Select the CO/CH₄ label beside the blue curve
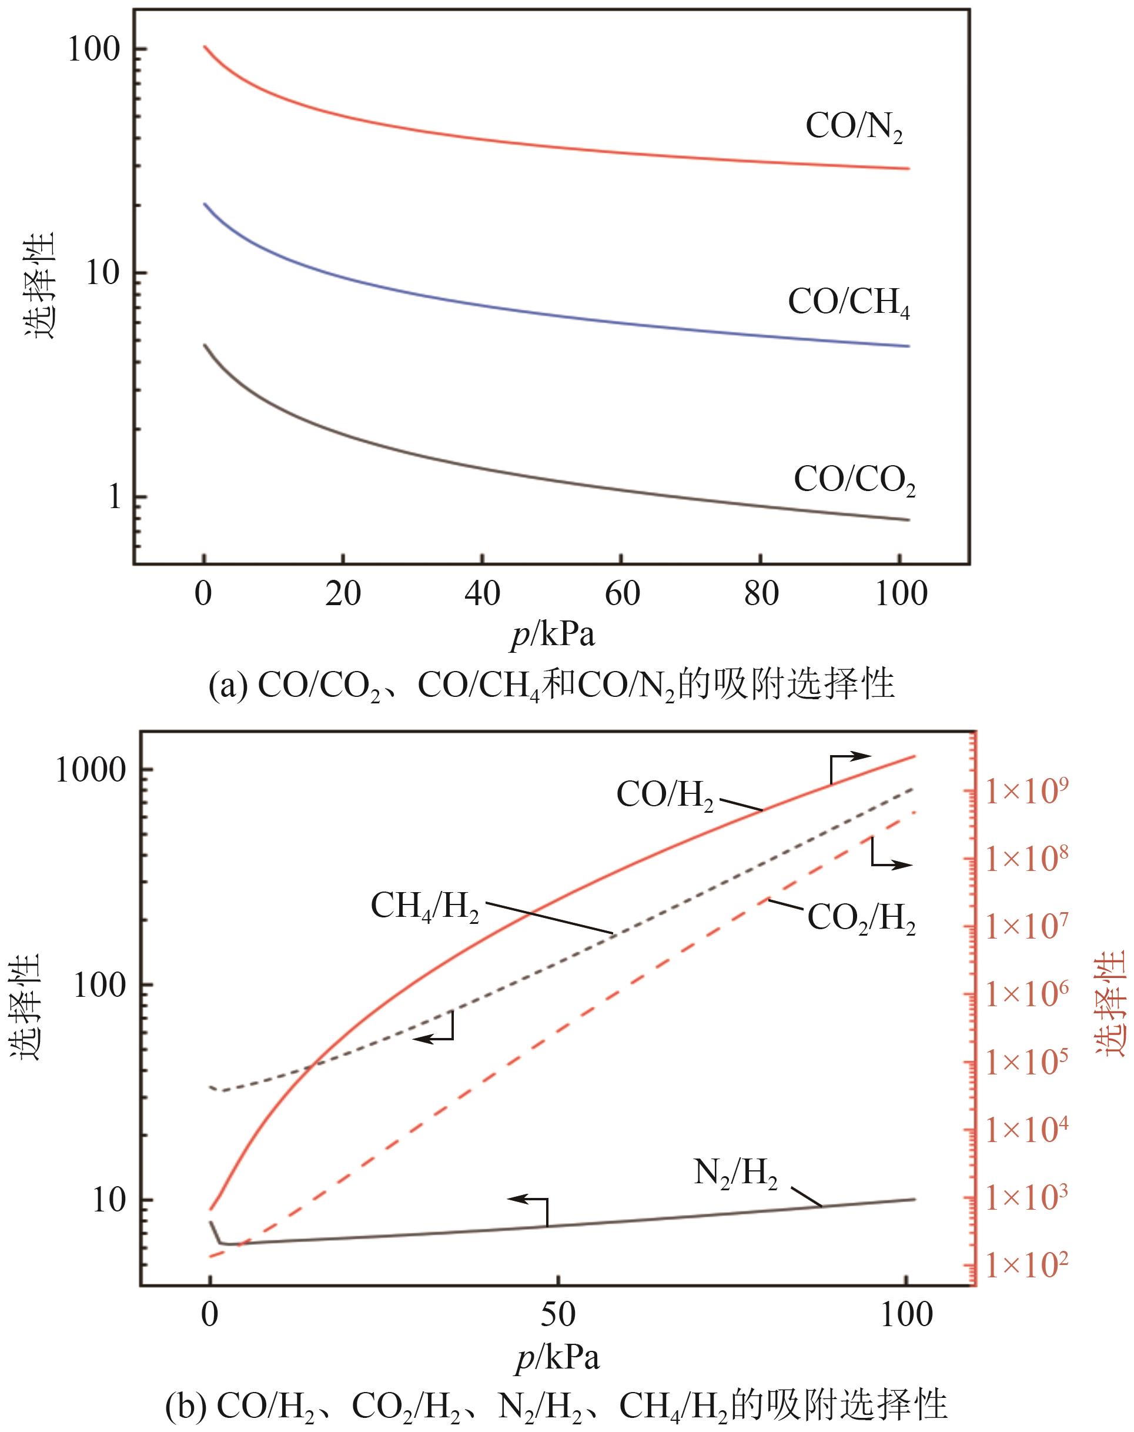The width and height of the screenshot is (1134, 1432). [x=848, y=302]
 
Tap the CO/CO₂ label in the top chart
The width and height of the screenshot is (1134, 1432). [x=854, y=479]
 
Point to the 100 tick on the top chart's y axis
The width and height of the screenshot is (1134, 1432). [x=98, y=50]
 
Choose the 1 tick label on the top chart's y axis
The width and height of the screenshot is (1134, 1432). [x=116, y=497]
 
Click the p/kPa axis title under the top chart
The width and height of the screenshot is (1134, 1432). [x=553, y=635]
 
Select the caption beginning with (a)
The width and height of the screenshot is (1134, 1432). [x=551, y=685]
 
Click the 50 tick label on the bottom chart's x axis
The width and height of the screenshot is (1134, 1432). [x=558, y=1315]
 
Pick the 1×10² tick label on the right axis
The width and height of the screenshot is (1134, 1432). [x=1026, y=1266]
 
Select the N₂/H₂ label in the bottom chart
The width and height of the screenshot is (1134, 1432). [x=735, y=1174]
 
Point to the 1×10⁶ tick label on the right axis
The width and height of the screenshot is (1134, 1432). [x=1026, y=994]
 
